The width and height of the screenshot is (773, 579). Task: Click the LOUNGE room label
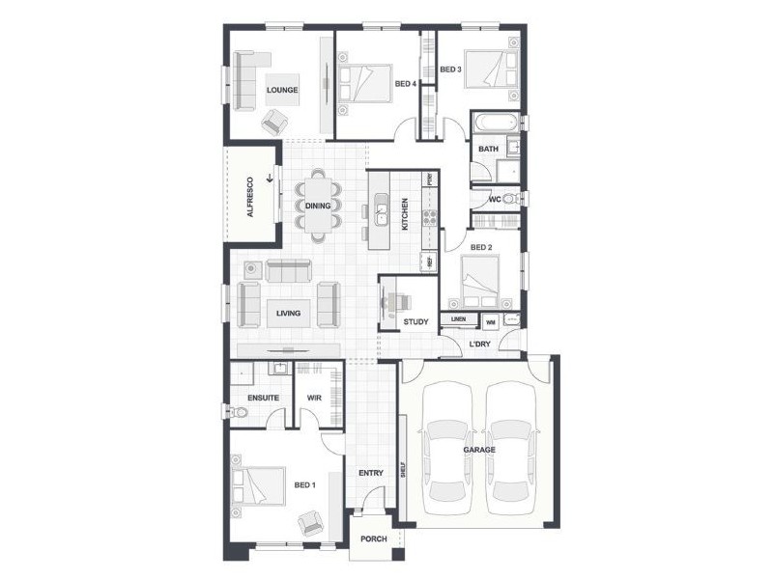[x=282, y=90]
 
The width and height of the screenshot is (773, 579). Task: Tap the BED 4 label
[x=406, y=84]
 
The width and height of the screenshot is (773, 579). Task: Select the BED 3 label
[x=450, y=69]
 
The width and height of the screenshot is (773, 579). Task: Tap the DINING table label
[x=318, y=206]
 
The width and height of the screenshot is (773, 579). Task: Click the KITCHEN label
[x=406, y=213]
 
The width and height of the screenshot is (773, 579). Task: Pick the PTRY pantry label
[x=429, y=179]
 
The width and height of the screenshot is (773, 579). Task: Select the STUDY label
[x=415, y=321]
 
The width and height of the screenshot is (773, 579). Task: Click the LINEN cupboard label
[x=458, y=319]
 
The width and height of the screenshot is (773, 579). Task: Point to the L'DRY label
[x=480, y=345]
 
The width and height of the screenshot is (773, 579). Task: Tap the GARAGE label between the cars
[x=478, y=450]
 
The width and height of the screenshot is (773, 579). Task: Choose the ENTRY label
[x=370, y=473]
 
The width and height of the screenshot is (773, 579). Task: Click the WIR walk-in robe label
[x=313, y=398]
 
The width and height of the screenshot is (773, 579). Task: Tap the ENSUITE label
[x=263, y=398]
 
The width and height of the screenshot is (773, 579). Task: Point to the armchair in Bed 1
[x=311, y=522]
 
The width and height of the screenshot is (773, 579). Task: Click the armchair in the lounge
[x=276, y=121]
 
